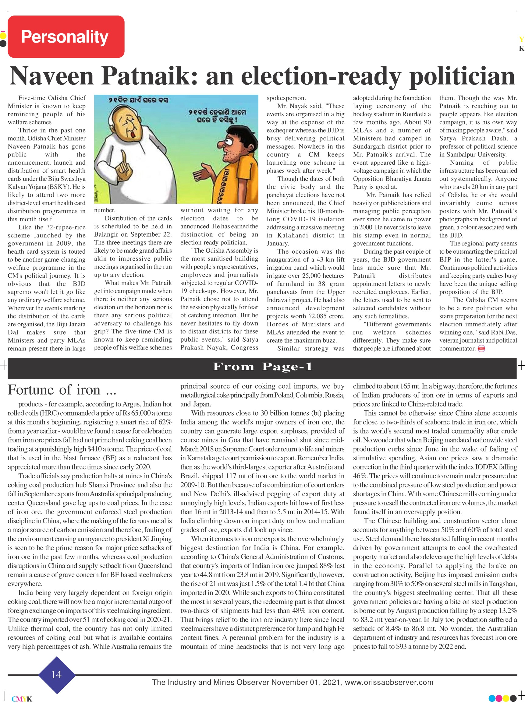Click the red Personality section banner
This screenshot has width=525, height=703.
(66, 37)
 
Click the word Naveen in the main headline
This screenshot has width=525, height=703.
(52, 76)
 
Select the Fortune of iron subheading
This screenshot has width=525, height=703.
(62, 390)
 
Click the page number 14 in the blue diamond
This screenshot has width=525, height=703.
(57, 674)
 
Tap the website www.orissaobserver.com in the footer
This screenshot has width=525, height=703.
(389, 682)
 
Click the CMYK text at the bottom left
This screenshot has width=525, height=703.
(22, 699)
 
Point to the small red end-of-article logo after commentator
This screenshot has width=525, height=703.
(481, 349)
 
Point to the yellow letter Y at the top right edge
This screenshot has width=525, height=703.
(521, 39)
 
